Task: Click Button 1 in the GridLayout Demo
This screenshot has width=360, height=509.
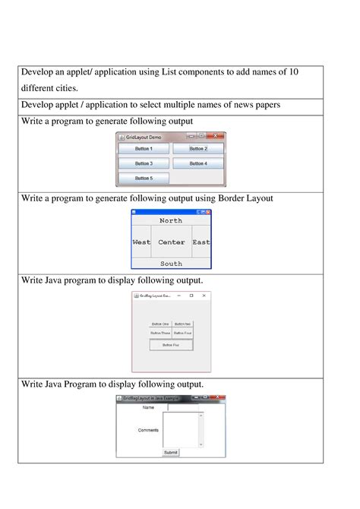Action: click(x=144, y=149)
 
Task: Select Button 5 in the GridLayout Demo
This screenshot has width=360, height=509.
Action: click(x=144, y=178)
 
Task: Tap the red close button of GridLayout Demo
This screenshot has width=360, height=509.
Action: click(x=216, y=136)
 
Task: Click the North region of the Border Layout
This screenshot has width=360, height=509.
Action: click(x=171, y=220)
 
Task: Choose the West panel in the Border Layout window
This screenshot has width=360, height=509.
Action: click(x=141, y=242)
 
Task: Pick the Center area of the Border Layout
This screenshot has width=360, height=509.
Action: click(x=172, y=242)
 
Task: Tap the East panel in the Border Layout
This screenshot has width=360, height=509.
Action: click(x=201, y=242)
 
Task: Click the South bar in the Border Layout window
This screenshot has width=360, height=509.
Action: click(x=171, y=264)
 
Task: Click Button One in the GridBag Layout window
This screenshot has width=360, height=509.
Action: click(x=160, y=324)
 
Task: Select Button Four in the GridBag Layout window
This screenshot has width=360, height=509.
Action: click(x=182, y=333)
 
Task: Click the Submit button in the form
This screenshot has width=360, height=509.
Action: click(x=171, y=452)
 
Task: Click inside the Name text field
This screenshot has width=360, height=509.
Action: click(x=184, y=407)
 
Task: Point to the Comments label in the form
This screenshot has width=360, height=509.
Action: click(x=149, y=430)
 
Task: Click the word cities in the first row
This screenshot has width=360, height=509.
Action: click(x=64, y=88)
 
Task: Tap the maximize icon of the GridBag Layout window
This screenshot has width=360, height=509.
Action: click(x=191, y=296)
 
